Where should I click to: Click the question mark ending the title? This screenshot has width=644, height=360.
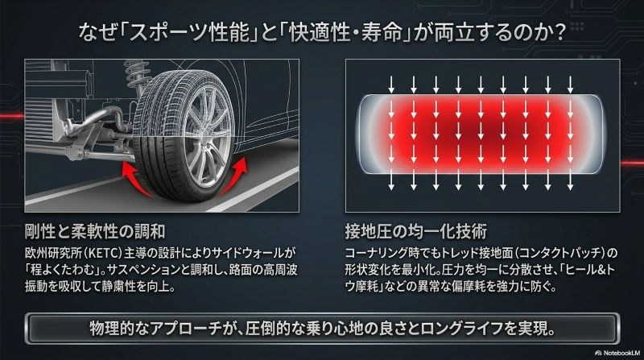(558, 32)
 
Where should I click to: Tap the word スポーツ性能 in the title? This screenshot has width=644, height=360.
(190, 32)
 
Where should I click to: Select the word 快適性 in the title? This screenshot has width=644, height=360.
(320, 32)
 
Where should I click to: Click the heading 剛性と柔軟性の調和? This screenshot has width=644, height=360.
(95, 232)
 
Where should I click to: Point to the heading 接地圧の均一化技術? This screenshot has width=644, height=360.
(416, 232)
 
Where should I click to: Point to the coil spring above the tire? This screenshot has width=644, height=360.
(135, 74)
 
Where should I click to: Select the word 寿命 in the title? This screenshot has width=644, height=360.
(382, 32)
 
